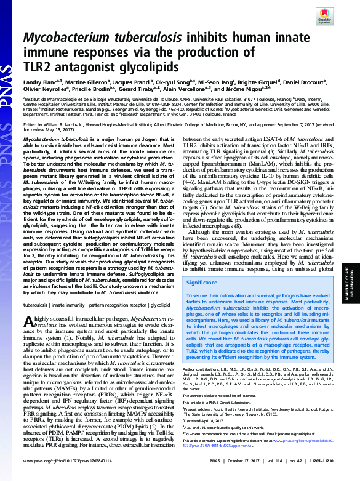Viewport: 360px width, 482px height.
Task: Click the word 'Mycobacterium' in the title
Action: [66, 38]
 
